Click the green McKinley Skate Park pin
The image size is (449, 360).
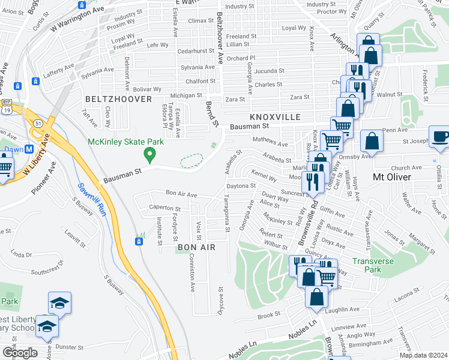click(149, 155)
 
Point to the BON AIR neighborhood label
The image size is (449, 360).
click(196, 247)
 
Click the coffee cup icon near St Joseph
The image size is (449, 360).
click(440, 136)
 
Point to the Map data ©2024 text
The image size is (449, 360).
click(423, 355)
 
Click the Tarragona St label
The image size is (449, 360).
click(227, 213)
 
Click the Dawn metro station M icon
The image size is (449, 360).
click(29, 149)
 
